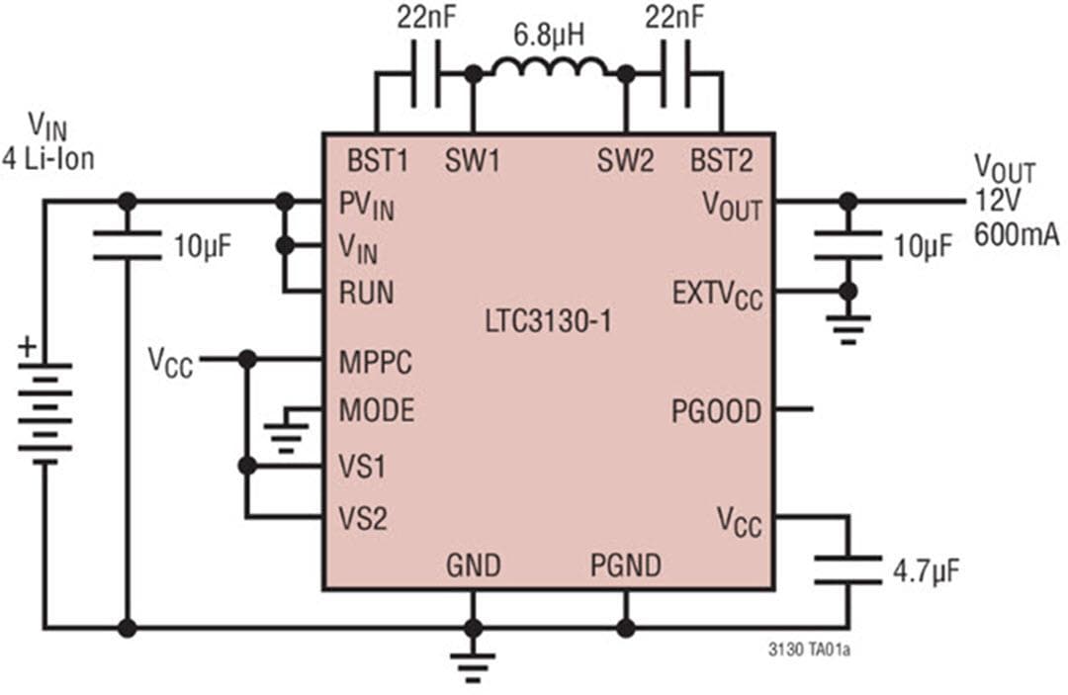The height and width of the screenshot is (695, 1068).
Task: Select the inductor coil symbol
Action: tap(550, 69)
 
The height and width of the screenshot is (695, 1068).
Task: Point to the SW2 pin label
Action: tap(625, 162)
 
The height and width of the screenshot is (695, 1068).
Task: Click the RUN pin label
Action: tap(366, 293)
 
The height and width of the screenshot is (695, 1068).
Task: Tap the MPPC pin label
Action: tap(376, 361)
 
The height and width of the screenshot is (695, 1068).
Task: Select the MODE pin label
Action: tap(377, 409)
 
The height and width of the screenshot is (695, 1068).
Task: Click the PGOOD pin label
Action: tap(716, 409)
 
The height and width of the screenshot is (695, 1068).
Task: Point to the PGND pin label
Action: tap(626, 565)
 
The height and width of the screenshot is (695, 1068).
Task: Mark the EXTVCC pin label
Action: tap(717, 295)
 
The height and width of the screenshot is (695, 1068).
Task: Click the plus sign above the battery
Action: tap(27, 348)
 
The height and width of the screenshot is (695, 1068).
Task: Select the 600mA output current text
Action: tap(1016, 235)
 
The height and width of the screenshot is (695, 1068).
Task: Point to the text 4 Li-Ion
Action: tap(48, 157)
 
